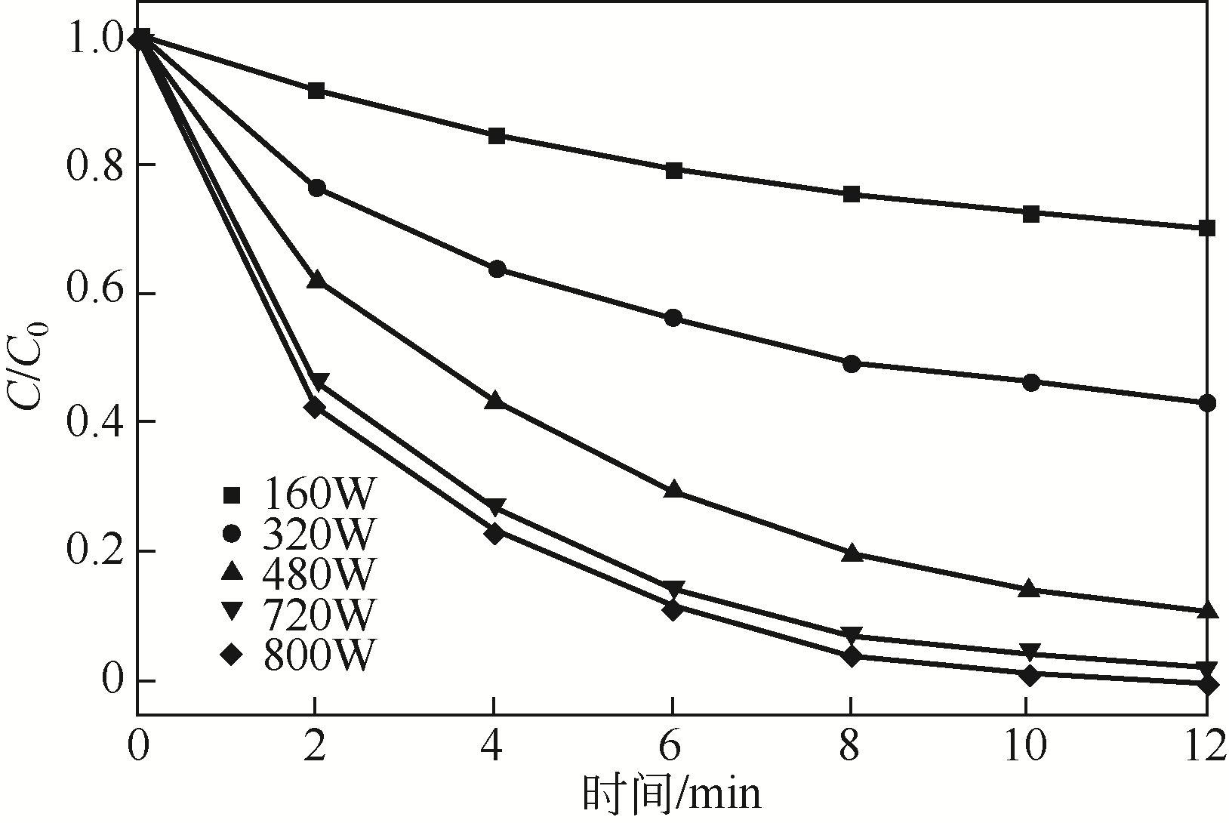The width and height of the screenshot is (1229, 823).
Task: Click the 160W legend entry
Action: pos(298,495)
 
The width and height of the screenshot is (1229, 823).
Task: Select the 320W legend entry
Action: pos(298,535)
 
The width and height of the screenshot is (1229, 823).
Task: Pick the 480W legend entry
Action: pos(298,575)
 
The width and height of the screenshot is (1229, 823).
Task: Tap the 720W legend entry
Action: pos(298,614)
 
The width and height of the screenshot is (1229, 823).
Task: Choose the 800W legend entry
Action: pos(298,654)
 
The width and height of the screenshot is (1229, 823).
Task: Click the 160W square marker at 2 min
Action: pos(316,91)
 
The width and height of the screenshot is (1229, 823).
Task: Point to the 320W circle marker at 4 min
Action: pos(497,270)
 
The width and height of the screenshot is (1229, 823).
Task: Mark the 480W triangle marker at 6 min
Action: pos(673,490)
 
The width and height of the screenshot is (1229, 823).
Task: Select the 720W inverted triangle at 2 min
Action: pos(318,381)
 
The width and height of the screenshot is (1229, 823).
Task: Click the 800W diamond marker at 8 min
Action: pos(851,656)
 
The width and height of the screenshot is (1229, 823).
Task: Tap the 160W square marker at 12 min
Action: pos(1206,228)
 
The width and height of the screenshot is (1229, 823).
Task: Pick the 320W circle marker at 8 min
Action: pos(851,364)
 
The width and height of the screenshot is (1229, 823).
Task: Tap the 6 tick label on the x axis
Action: pos(671,747)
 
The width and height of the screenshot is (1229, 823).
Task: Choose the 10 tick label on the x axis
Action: pos(1027,747)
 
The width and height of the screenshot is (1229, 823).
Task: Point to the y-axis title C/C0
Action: pos(28,359)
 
